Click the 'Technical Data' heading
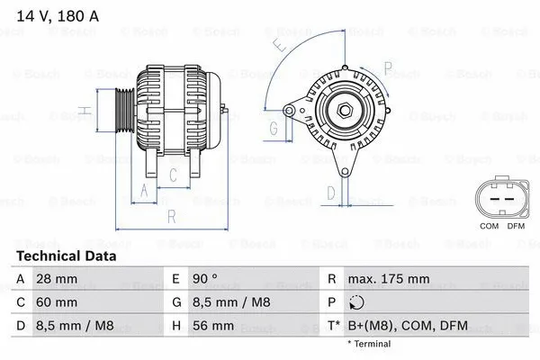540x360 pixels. [67, 256]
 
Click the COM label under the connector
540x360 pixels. [489, 226]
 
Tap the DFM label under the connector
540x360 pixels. [516, 226]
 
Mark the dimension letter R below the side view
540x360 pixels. [172, 216]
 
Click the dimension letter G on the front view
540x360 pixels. [274, 128]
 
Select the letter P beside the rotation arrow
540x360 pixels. [387, 67]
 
